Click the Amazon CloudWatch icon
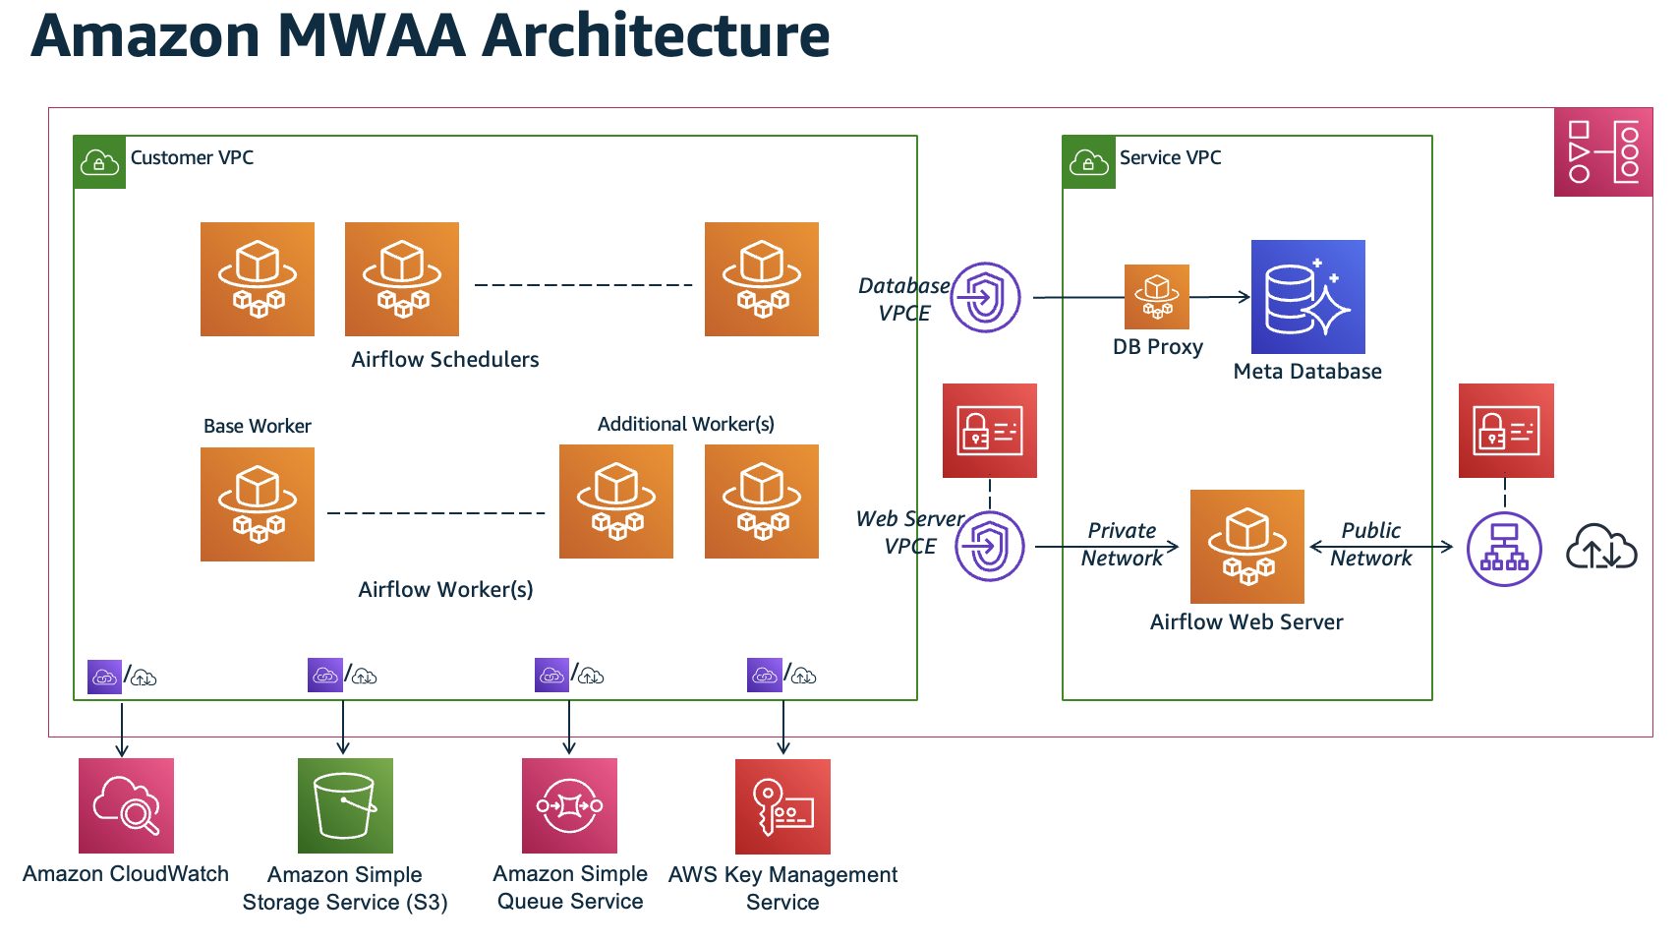click(x=126, y=805)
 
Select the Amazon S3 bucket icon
click(x=345, y=805)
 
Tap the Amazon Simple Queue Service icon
click(x=569, y=805)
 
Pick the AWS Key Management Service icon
click(x=782, y=806)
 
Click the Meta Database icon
click(x=1307, y=297)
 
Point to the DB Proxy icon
click(x=1157, y=297)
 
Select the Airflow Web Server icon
click(x=1246, y=547)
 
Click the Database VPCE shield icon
click(x=985, y=297)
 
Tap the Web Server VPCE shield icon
click(x=990, y=546)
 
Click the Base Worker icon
click(x=258, y=504)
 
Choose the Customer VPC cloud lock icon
click(x=99, y=162)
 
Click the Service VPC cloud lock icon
click(x=1088, y=162)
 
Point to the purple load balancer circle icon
click(x=1504, y=549)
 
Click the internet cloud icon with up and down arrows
click(x=1600, y=548)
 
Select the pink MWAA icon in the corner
click(x=1602, y=152)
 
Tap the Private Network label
click(x=1122, y=545)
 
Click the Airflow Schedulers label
click(x=445, y=360)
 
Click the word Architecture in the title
click(x=656, y=35)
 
